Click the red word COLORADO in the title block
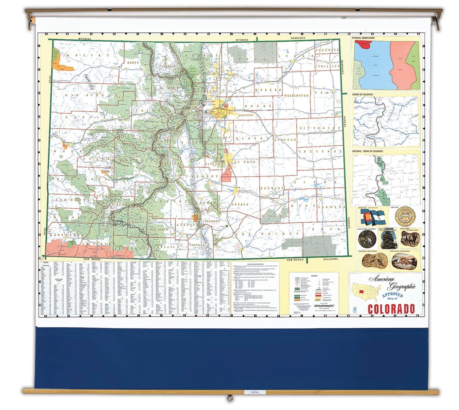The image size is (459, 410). pos(391,309)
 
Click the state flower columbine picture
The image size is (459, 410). pos(367,239)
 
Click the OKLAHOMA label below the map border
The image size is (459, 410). pos(330,259)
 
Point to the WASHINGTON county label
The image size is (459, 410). pos(296,96)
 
